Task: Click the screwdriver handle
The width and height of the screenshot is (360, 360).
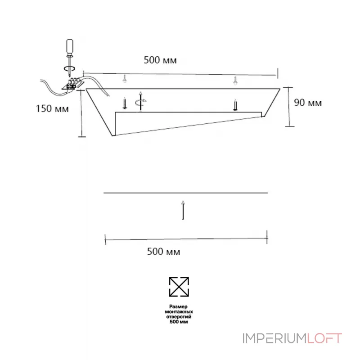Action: [70, 47]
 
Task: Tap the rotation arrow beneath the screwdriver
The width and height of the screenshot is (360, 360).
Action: [69, 68]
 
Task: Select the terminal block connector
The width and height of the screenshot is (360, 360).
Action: [72, 84]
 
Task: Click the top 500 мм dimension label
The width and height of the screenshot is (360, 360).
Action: [160, 60]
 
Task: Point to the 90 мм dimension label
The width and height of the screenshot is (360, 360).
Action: [308, 103]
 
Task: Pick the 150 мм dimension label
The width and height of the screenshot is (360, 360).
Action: [52, 108]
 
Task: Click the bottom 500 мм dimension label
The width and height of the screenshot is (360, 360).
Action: [163, 252]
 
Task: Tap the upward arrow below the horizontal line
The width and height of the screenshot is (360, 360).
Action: [183, 210]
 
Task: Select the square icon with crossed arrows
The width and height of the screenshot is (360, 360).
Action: [179, 287]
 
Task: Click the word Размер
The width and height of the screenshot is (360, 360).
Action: [178, 306]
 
